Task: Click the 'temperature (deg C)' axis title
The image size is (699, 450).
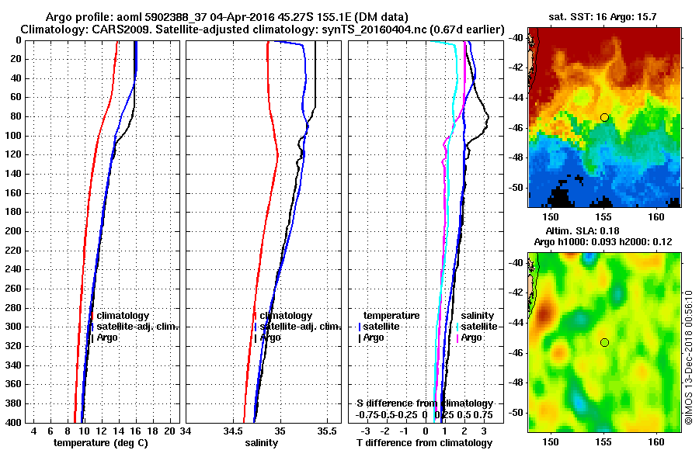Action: point(100,442)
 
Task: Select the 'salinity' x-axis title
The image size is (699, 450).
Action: point(261,442)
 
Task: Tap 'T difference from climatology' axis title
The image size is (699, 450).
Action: point(424,442)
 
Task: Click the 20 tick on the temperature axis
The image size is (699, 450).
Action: point(169,431)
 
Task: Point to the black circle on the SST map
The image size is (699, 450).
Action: point(604,117)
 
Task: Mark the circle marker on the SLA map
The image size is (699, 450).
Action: point(604,342)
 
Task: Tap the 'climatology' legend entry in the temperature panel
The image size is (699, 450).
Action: point(122,316)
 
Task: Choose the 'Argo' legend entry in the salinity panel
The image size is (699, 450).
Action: point(270,337)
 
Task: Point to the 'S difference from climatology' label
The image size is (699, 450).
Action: point(425,403)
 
